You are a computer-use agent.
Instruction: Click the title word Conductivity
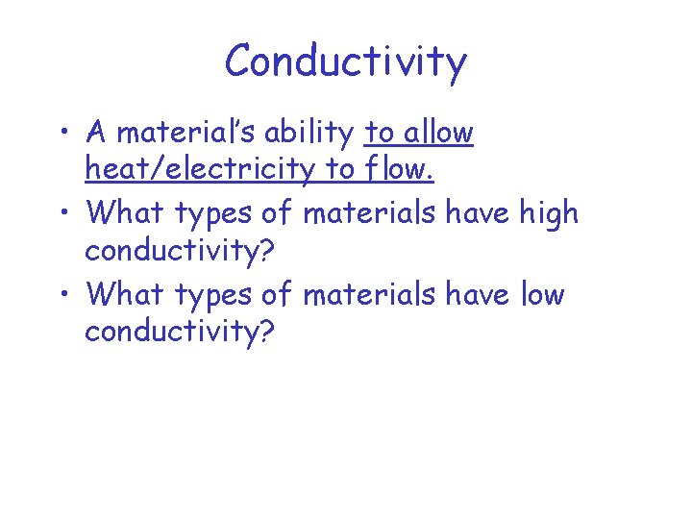(x=345, y=62)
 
